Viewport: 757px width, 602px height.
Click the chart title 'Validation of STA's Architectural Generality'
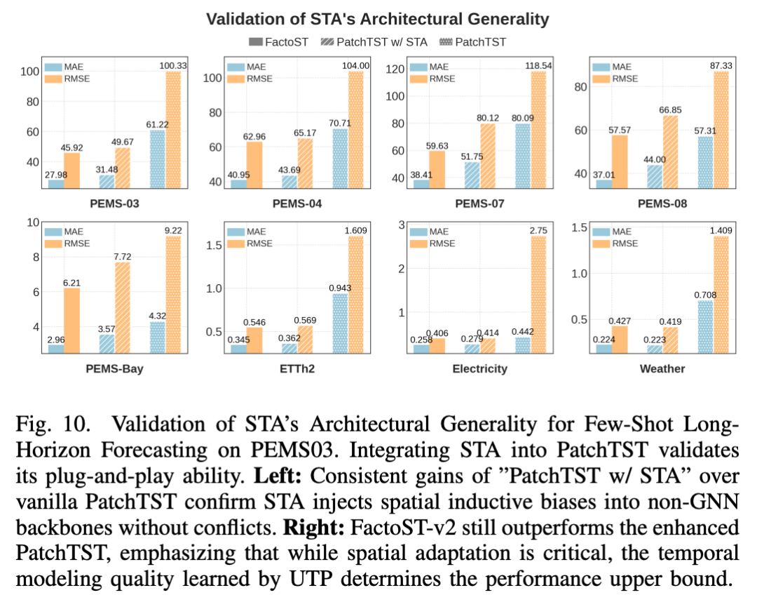(377, 19)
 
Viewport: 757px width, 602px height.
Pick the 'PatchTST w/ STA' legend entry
(373, 42)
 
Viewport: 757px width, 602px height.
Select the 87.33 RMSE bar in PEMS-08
(720, 130)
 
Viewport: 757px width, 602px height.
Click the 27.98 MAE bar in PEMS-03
(56, 184)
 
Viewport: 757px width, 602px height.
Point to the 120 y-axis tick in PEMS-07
(397, 69)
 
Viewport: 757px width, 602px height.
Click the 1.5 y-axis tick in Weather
(580, 227)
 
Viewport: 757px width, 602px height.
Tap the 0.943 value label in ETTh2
(339, 287)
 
